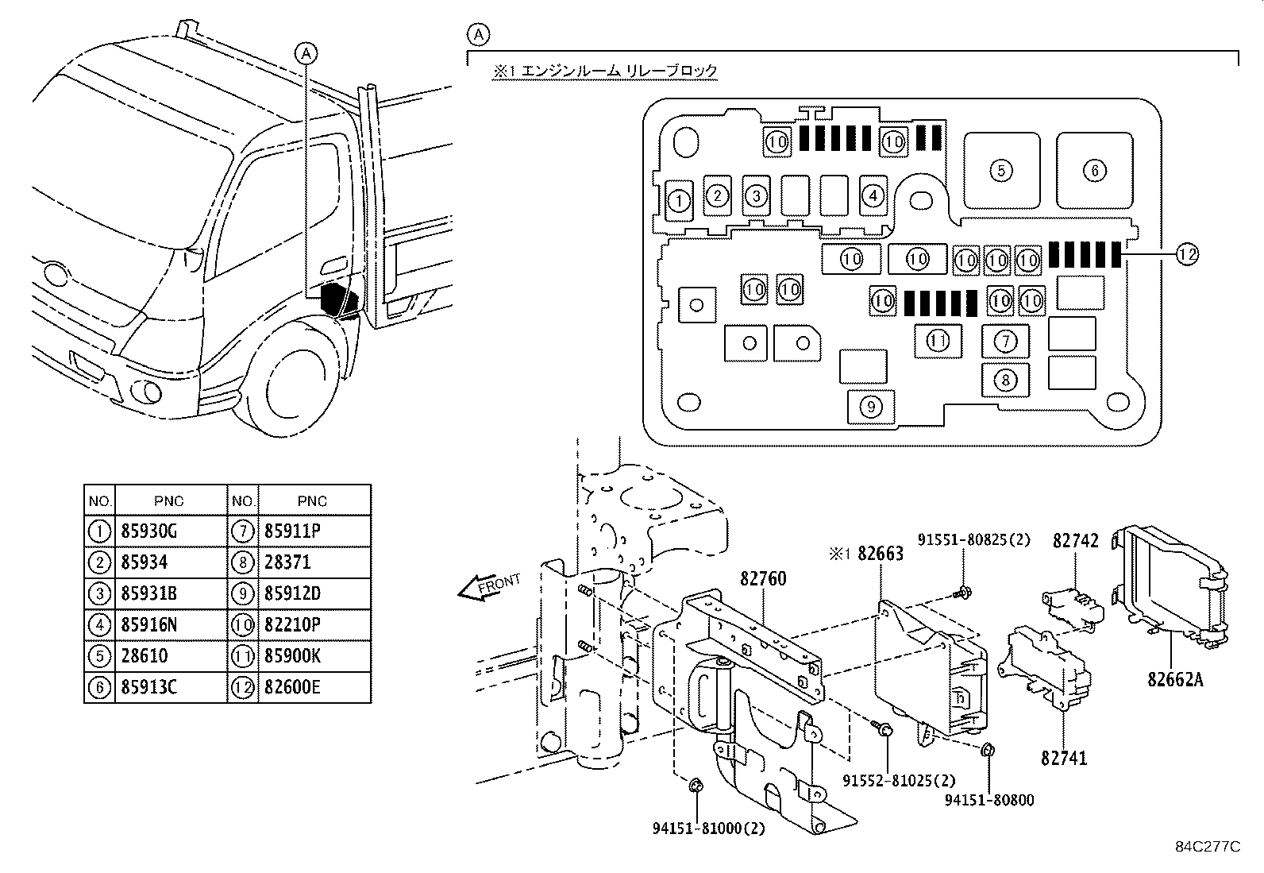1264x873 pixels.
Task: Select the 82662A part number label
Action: point(1174,679)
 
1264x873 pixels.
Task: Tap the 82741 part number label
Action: point(1064,759)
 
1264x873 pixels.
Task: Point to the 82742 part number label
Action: point(1076,541)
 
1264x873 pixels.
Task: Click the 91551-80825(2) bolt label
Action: point(974,540)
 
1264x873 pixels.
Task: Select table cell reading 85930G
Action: point(150,531)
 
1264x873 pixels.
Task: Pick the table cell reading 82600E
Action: point(293,687)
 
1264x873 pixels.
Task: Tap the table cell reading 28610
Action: point(144,656)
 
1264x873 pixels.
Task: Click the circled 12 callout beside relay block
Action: point(1186,254)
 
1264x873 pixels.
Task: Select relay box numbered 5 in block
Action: point(1001,170)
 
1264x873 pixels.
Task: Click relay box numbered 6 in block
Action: point(1094,170)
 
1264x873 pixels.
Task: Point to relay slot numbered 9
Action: point(871,407)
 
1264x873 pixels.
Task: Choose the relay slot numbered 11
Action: point(938,342)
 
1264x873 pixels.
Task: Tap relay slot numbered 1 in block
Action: point(679,200)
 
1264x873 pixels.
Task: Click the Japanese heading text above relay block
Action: point(605,71)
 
